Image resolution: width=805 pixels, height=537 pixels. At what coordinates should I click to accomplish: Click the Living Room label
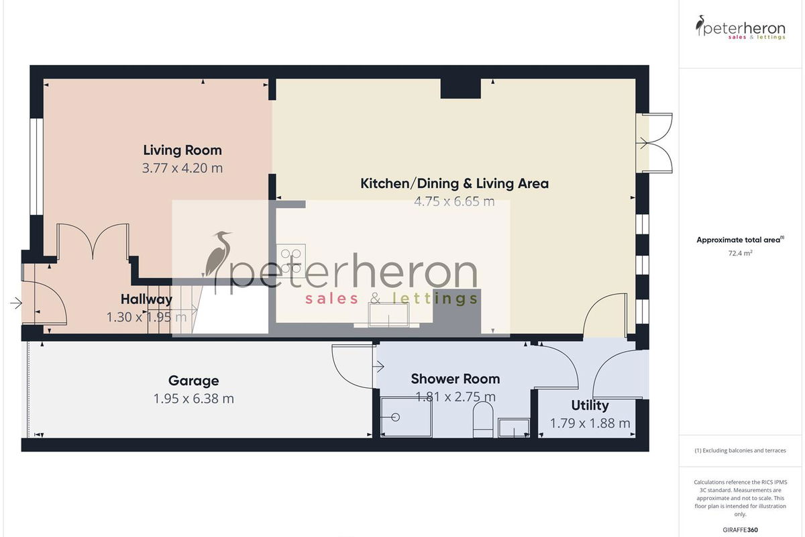pyautogui.click(x=182, y=150)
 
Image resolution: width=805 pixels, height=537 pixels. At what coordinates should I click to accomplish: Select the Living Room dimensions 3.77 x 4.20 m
pyautogui.click(x=182, y=168)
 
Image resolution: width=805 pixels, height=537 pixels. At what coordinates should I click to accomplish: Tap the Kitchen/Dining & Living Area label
pyautogui.click(x=455, y=184)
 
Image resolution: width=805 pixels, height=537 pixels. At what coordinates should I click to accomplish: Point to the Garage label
pyautogui.click(x=194, y=381)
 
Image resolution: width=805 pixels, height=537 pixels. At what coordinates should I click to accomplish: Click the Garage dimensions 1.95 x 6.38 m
pyautogui.click(x=194, y=399)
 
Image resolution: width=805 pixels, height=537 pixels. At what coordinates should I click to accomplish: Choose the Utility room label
pyautogui.click(x=590, y=405)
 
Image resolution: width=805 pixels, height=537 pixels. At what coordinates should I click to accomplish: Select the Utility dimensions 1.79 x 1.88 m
pyautogui.click(x=590, y=424)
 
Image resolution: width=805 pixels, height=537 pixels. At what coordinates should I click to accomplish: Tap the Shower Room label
pyautogui.click(x=455, y=379)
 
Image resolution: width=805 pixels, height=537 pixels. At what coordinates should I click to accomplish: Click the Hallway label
pyautogui.click(x=147, y=299)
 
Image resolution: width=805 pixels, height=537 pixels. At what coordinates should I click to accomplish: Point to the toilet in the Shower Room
pyautogui.click(x=483, y=420)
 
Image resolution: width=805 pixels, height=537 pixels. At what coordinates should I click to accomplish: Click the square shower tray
pyautogui.click(x=406, y=418)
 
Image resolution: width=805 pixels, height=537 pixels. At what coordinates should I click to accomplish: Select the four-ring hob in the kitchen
pyautogui.click(x=291, y=260)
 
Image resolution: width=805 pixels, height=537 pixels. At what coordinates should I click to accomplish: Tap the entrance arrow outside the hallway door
pyautogui.click(x=16, y=303)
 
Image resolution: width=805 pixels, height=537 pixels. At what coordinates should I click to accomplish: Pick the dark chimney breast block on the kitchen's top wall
pyautogui.click(x=460, y=89)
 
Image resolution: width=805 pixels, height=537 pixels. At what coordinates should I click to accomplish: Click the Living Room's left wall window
pyautogui.click(x=36, y=166)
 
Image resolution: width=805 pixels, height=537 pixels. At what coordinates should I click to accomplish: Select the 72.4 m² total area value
pyautogui.click(x=741, y=253)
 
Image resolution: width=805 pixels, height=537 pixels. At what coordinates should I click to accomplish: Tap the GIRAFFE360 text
pyautogui.click(x=741, y=530)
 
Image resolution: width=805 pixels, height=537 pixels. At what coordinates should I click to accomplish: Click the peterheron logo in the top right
pyautogui.click(x=741, y=28)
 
